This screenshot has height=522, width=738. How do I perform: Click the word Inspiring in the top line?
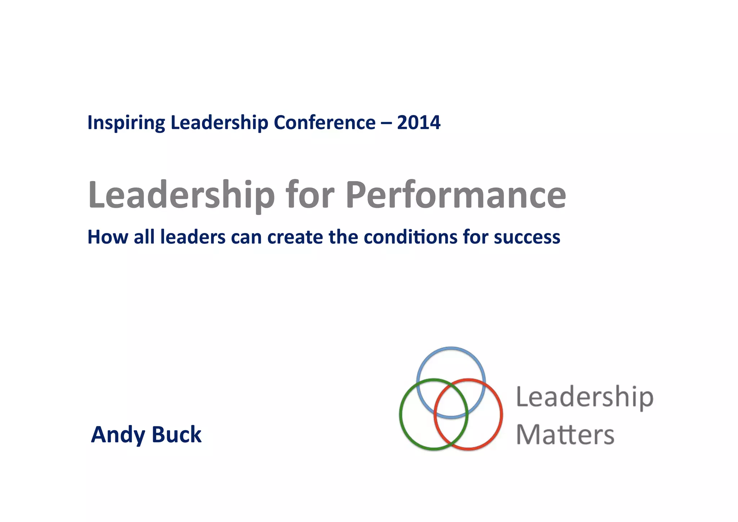(x=126, y=123)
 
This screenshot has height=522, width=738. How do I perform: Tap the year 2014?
(x=418, y=123)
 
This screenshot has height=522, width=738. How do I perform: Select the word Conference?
(x=324, y=123)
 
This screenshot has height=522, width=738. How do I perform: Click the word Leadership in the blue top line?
(x=219, y=123)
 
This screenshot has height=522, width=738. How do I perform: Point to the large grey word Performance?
(x=455, y=195)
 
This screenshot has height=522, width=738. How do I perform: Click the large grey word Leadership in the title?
(x=181, y=195)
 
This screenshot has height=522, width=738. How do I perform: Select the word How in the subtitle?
(x=108, y=237)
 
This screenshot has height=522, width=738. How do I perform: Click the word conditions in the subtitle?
(x=411, y=237)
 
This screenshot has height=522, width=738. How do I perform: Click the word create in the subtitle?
(x=295, y=237)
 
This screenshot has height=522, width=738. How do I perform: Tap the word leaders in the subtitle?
(x=193, y=237)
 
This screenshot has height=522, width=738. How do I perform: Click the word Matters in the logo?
(x=565, y=434)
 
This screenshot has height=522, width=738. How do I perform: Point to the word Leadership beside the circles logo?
(x=584, y=397)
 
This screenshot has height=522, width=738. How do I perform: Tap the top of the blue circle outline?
(x=451, y=348)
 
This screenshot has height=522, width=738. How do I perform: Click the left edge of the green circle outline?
(x=401, y=414)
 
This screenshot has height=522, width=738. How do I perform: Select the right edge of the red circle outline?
(x=501, y=414)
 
